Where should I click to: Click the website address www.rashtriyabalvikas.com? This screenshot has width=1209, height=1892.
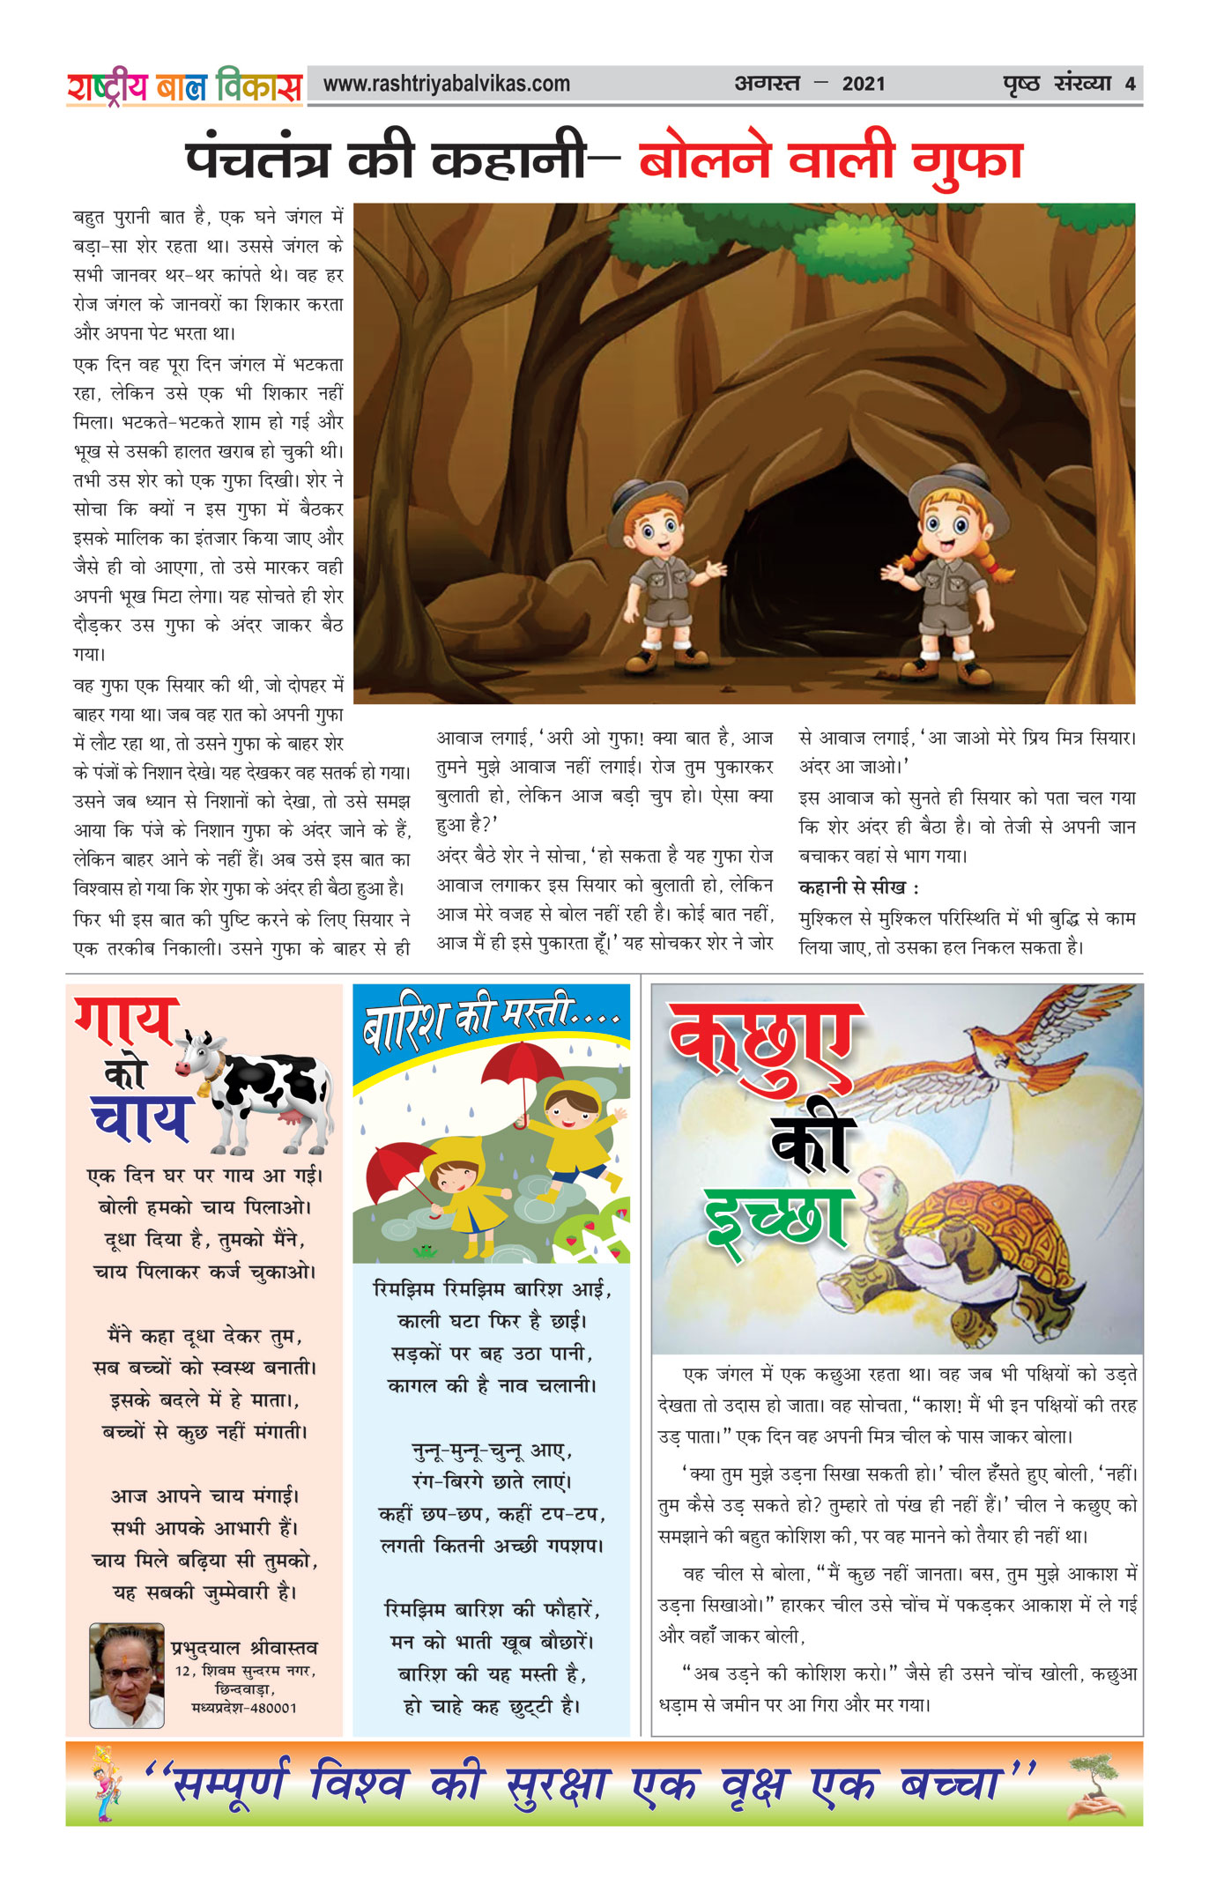[447, 85]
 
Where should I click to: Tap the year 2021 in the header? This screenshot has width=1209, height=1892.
[864, 85]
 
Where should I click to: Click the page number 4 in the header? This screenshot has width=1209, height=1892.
[1130, 85]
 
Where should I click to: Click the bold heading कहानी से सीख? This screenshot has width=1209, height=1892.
[858, 887]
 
